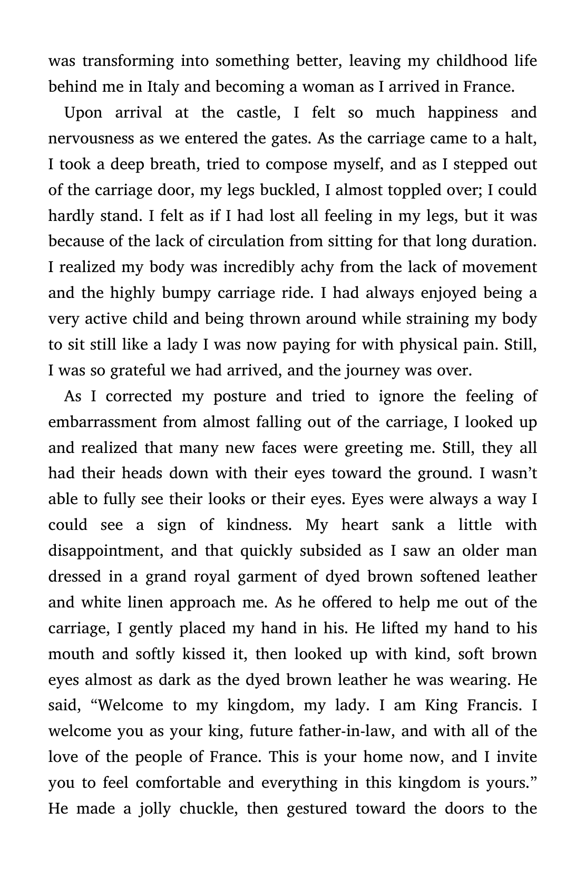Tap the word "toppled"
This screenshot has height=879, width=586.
[x=413, y=190]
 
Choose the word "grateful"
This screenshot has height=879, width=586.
[x=138, y=371]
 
